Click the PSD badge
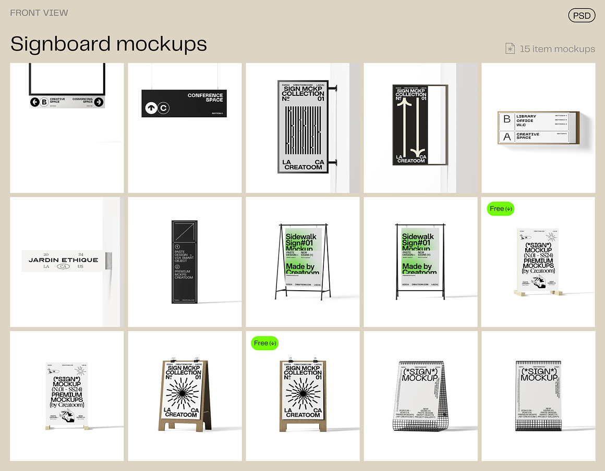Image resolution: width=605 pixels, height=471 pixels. [581, 16]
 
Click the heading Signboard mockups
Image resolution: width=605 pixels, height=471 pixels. [108, 44]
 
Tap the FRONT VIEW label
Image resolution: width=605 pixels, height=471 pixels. [39, 13]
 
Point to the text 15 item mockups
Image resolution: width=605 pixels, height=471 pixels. [557, 49]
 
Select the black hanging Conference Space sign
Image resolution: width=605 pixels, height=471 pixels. [184, 103]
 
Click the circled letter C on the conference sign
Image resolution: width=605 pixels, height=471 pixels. [164, 108]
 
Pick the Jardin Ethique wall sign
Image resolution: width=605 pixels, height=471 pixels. [63, 261]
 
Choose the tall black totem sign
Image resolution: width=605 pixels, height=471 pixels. [184, 262]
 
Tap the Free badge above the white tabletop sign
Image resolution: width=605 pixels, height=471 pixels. [501, 208]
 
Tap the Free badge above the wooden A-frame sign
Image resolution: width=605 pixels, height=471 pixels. [265, 343]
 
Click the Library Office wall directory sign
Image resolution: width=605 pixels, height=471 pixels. [537, 128]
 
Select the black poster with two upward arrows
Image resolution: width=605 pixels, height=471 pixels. [410, 125]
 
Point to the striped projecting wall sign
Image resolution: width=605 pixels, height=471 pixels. [303, 126]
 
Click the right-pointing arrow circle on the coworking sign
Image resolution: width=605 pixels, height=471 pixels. [99, 102]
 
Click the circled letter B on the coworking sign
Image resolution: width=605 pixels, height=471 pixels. [44, 102]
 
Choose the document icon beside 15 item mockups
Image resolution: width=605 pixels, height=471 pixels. [510, 49]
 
